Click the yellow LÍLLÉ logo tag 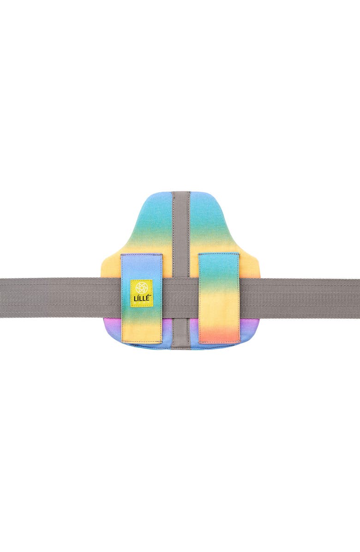click(x=141, y=291)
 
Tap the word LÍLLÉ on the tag click(x=141, y=296)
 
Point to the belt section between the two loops click(x=180, y=298)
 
